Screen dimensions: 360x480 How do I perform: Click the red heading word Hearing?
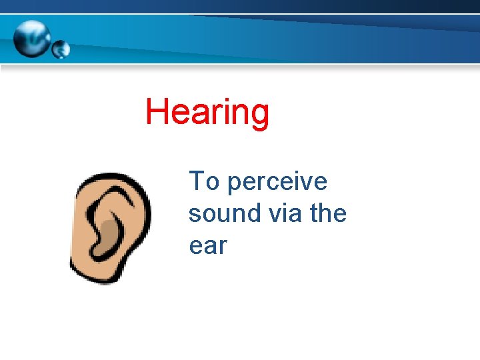tap(207, 112)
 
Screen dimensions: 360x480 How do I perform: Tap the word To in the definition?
tap(204, 181)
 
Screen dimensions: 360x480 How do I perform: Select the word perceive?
tap(277, 183)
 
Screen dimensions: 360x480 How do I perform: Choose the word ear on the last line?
tap(208, 246)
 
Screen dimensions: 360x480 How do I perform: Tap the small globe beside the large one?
tap(61, 49)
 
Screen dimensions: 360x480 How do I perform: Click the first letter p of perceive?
tap(234, 185)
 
